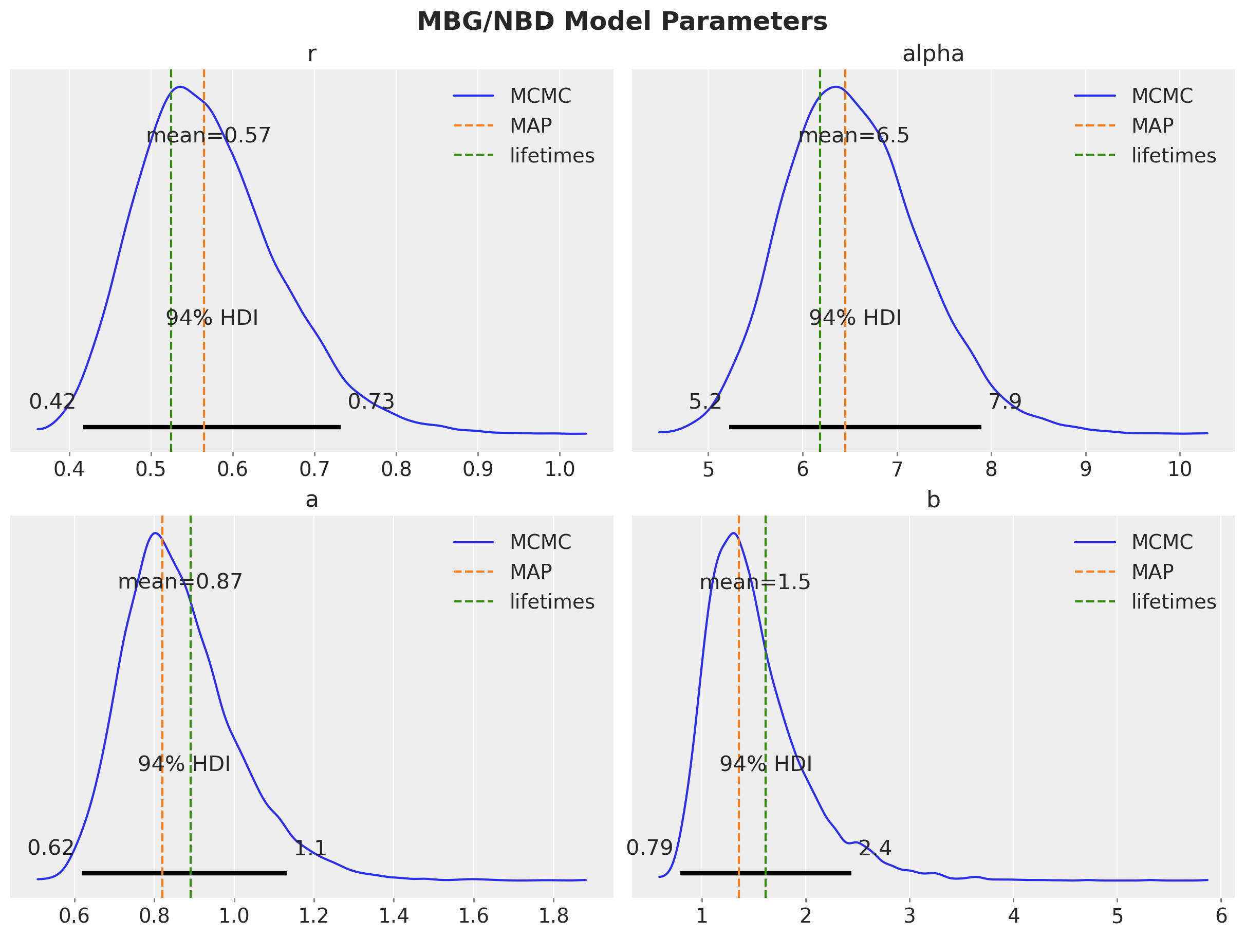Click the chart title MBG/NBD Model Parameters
click(622, 22)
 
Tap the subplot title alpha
click(933, 54)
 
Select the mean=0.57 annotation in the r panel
click(208, 136)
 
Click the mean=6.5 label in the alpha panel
click(853, 136)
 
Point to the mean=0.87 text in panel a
click(180, 582)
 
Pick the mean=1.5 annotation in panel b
click(755, 582)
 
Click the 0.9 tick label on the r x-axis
click(478, 469)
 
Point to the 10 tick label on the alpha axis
click(1180, 469)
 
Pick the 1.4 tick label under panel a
click(394, 916)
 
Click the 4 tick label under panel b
click(1013, 916)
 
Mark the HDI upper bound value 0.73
click(371, 401)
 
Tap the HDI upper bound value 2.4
click(875, 848)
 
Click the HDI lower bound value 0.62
click(51, 848)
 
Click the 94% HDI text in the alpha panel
click(855, 318)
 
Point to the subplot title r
click(312, 54)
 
